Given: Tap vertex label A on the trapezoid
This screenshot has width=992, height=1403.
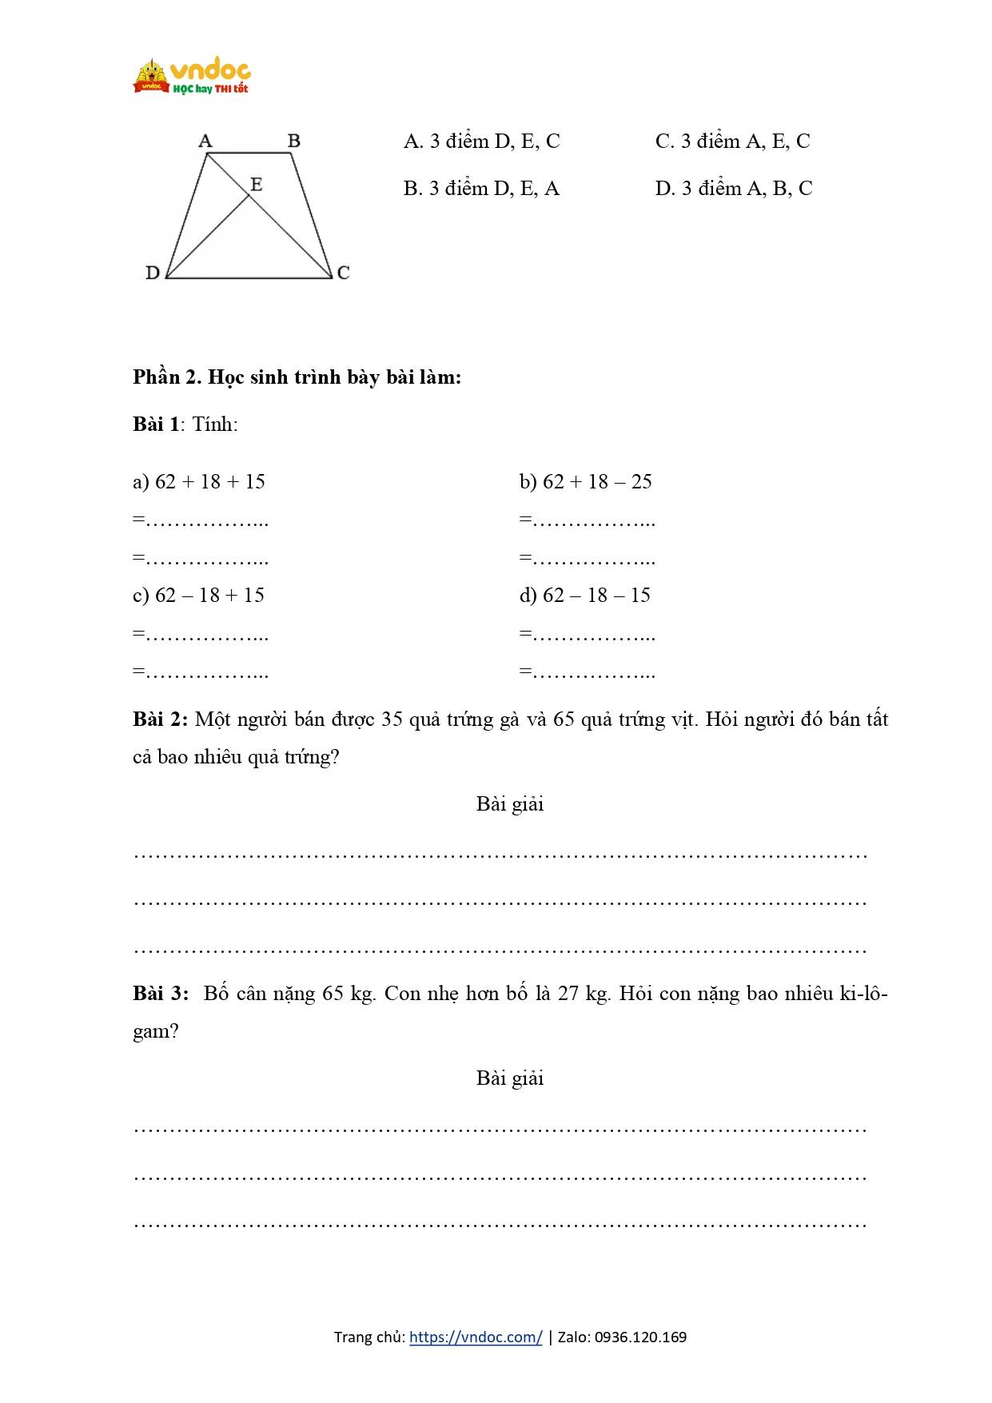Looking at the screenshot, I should [x=205, y=141].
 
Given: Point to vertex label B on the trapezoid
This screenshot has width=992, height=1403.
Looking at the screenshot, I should [x=293, y=141].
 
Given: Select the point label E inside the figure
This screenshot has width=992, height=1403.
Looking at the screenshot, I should [x=256, y=185].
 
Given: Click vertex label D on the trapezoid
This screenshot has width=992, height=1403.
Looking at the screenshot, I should [x=153, y=273].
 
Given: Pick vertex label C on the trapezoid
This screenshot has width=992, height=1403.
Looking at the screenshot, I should [x=343, y=273].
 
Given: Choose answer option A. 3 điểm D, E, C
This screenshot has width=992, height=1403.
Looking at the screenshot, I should [x=481, y=141].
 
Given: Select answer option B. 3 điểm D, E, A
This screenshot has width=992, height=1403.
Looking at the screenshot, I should [x=481, y=189].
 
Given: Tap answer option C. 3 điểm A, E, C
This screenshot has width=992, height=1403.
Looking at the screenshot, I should [x=732, y=141].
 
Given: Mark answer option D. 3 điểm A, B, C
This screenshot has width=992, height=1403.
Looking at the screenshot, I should [x=733, y=189].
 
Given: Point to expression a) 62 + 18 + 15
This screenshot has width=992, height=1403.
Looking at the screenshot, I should [x=199, y=481].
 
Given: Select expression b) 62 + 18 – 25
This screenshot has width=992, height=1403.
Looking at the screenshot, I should [x=585, y=481].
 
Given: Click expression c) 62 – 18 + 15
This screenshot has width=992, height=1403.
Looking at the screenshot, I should [x=198, y=595].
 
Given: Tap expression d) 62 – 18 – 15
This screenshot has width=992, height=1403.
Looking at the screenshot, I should [x=584, y=595].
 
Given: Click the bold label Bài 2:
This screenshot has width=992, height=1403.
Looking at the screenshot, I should [x=160, y=719].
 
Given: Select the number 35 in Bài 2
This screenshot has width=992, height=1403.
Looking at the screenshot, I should [x=392, y=719].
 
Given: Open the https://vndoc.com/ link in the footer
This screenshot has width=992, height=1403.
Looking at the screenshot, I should [x=476, y=1337].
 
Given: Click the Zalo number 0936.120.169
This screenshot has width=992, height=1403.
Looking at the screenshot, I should [x=640, y=1337].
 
